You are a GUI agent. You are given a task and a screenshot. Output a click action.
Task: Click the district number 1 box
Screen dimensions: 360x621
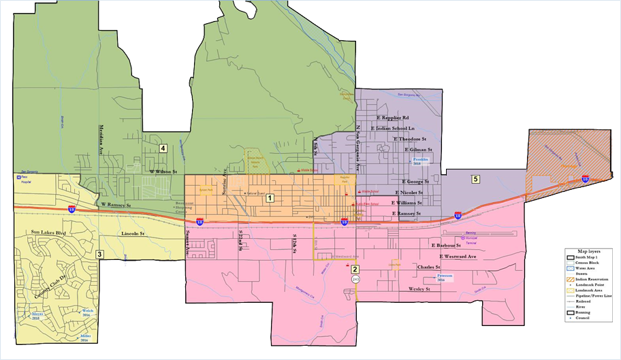click(270, 198)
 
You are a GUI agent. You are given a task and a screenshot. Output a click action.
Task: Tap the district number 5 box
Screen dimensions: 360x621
click(476, 179)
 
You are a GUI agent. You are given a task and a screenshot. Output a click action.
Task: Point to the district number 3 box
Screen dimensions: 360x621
click(99, 255)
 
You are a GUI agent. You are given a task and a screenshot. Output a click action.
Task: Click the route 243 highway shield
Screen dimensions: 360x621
click(355, 279)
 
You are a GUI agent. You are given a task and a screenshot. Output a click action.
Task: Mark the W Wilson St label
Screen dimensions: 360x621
click(163, 171)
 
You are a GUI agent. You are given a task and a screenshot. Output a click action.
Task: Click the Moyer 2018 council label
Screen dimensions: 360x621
click(38, 316)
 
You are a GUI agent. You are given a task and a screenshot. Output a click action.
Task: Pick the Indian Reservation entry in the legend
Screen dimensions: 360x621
click(592, 277)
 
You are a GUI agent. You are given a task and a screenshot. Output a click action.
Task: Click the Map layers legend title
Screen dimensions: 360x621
click(588, 251)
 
